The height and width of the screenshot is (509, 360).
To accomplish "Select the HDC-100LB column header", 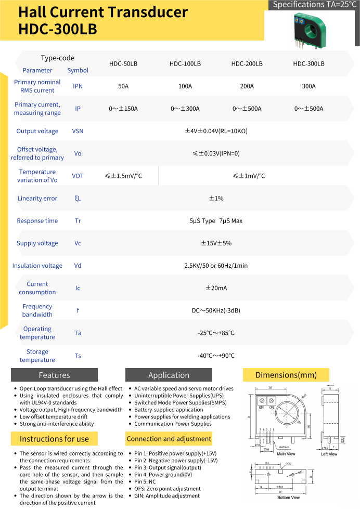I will click(185, 64).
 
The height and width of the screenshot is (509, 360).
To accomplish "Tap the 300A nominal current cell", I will click(308, 86).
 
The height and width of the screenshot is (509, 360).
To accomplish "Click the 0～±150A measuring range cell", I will click(123, 109).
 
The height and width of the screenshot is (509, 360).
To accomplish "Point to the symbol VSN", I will click(78, 132).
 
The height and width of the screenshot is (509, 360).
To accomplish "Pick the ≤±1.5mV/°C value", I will click(123, 176).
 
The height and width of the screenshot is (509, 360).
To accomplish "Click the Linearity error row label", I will click(37, 199).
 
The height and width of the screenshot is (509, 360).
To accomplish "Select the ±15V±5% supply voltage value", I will click(216, 243).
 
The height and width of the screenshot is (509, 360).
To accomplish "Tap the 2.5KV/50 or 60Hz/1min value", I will click(216, 266).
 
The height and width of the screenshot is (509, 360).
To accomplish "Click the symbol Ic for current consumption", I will click(78, 288).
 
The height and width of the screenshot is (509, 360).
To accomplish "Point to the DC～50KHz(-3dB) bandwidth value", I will click(216, 311).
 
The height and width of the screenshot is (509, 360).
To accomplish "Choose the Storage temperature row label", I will click(37, 356).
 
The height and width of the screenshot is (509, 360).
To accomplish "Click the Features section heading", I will click(54, 375).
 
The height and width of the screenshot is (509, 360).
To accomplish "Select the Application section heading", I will click(169, 375).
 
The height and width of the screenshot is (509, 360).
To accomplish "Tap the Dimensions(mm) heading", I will click(286, 375).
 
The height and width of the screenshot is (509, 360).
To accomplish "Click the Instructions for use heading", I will click(54, 439).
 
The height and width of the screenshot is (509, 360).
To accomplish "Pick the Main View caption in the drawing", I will click(286, 454).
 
